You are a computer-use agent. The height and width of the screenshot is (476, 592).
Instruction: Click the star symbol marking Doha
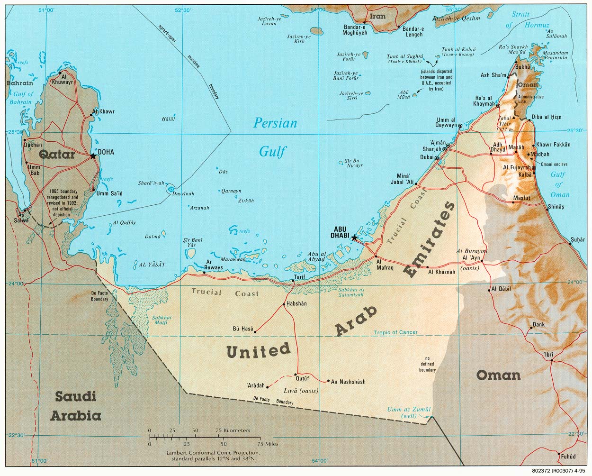pyautogui.click(x=93, y=156)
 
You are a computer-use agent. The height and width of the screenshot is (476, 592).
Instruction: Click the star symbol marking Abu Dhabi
pyautogui.click(x=354, y=238)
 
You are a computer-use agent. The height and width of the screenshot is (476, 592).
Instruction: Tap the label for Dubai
pyautogui.click(x=425, y=157)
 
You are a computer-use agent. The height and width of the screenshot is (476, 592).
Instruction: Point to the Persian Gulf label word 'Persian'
pyautogui.click(x=275, y=123)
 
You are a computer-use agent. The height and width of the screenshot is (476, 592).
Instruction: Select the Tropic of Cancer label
pyautogui.click(x=395, y=332)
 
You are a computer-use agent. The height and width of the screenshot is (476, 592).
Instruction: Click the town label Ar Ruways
pyautogui.click(x=214, y=265)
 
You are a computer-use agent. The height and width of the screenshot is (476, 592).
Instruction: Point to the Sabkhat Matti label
pyautogui.click(x=160, y=320)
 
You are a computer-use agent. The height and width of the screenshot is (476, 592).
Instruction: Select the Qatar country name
pyautogui.click(x=57, y=155)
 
